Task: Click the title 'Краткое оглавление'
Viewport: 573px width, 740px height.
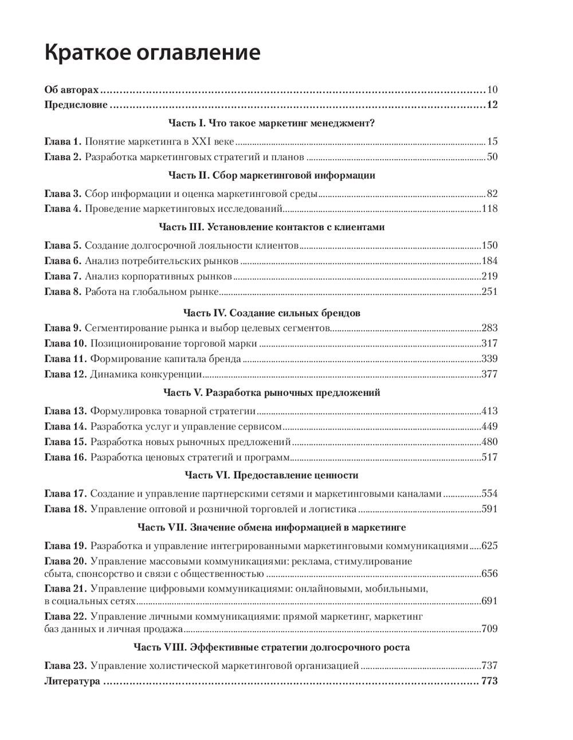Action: click(x=152, y=53)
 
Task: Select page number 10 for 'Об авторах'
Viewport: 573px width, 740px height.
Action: click(x=492, y=90)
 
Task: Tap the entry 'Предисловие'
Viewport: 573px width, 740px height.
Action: click(x=76, y=105)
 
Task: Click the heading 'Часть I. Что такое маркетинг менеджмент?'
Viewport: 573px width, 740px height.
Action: click(x=272, y=123)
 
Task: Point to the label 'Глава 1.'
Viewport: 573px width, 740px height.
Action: click(x=62, y=141)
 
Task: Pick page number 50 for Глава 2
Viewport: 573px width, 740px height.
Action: click(x=492, y=157)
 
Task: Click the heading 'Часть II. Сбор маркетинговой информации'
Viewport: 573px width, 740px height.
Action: click(x=272, y=175)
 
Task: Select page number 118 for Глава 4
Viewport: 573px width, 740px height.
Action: click(x=490, y=208)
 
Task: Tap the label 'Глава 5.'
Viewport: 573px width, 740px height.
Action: click(x=62, y=246)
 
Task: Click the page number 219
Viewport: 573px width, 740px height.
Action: click(x=490, y=277)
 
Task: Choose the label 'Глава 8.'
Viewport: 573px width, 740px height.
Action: click(x=62, y=292)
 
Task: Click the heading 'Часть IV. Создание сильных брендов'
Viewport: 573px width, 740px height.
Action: click(x=272, y=313)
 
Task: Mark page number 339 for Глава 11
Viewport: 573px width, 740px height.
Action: click(x=490, y=359)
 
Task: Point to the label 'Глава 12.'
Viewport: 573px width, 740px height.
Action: click(x=65, y=375)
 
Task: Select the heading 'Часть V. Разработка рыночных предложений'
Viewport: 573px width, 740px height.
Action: click(x=272, y=393)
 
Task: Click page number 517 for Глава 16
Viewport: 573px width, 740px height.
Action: click(x=490, y=457)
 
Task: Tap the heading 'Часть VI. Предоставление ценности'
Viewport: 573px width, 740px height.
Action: click(x=272, y=475)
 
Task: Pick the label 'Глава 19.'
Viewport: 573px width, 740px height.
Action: click(x=65, y=545)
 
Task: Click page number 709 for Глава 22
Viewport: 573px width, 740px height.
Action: click(x=490, y=629)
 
